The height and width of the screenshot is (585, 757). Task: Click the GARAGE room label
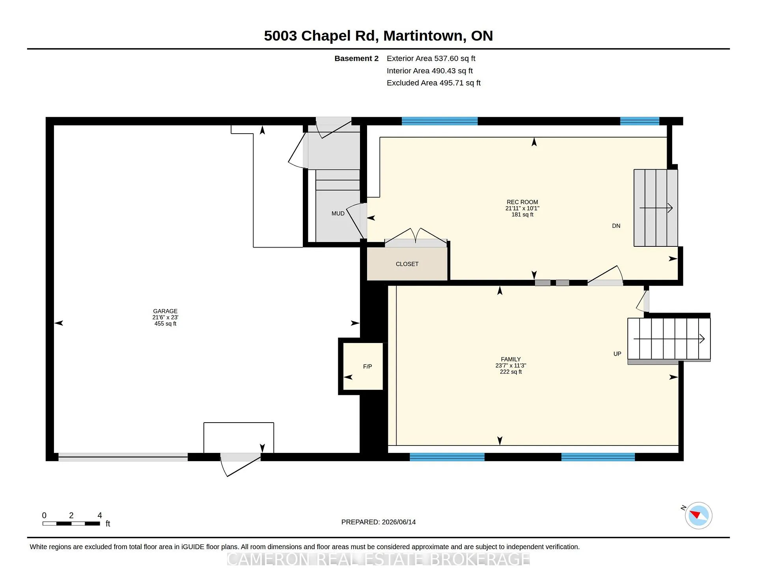(x=165, y=311)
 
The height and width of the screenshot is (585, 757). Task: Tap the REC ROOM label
(x=522, y=202)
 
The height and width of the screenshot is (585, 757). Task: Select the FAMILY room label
(x=511, y=359)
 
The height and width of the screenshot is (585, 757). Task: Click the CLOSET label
(x=407, y=264)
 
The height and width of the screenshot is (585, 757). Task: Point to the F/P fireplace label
(x=367, y=366)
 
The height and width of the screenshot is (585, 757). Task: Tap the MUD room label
(x=338, y=213)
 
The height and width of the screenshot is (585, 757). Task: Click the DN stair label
(x=616, y=226)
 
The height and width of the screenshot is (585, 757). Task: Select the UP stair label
(x=617, y=354)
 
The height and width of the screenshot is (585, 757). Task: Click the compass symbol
(x=698, y=515)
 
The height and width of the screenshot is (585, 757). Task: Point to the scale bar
(x=71, y=524)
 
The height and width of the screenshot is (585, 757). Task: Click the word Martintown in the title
(x=423, y=35)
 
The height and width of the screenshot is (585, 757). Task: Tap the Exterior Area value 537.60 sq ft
(x=455, y=58)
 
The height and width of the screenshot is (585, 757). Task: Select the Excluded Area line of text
(x=433, y=83)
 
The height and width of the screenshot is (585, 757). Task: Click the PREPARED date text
(x=378, y=522)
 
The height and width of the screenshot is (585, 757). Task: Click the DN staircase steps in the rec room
(x=655, y=208)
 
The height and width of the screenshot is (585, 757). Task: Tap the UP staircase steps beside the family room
(x=669, y=339)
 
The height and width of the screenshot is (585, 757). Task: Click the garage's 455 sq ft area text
(x=165, y=324)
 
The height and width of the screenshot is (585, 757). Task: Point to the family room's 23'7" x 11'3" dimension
(x=511, y=365)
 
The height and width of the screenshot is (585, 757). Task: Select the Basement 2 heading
(x=356, y=58)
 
